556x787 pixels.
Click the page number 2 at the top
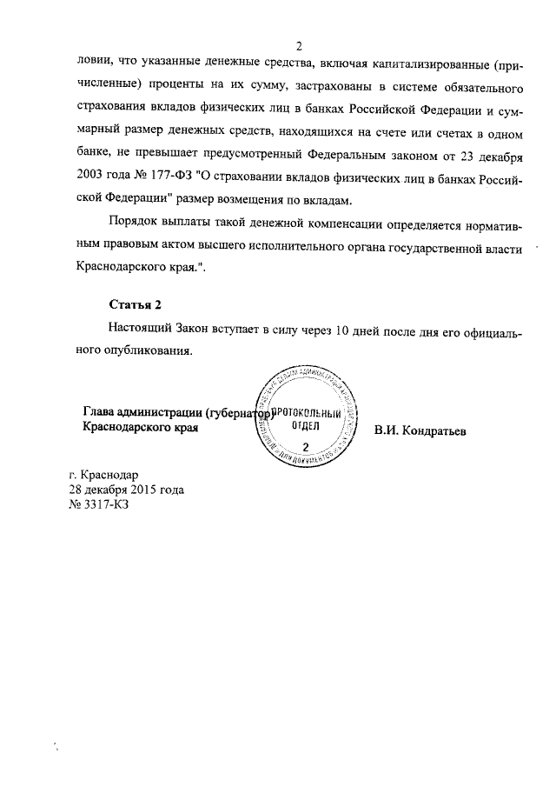click(x=298, y=46)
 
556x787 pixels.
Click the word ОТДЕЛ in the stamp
click(x=305, y=428)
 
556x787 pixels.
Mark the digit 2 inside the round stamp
click(x=304, y=445)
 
